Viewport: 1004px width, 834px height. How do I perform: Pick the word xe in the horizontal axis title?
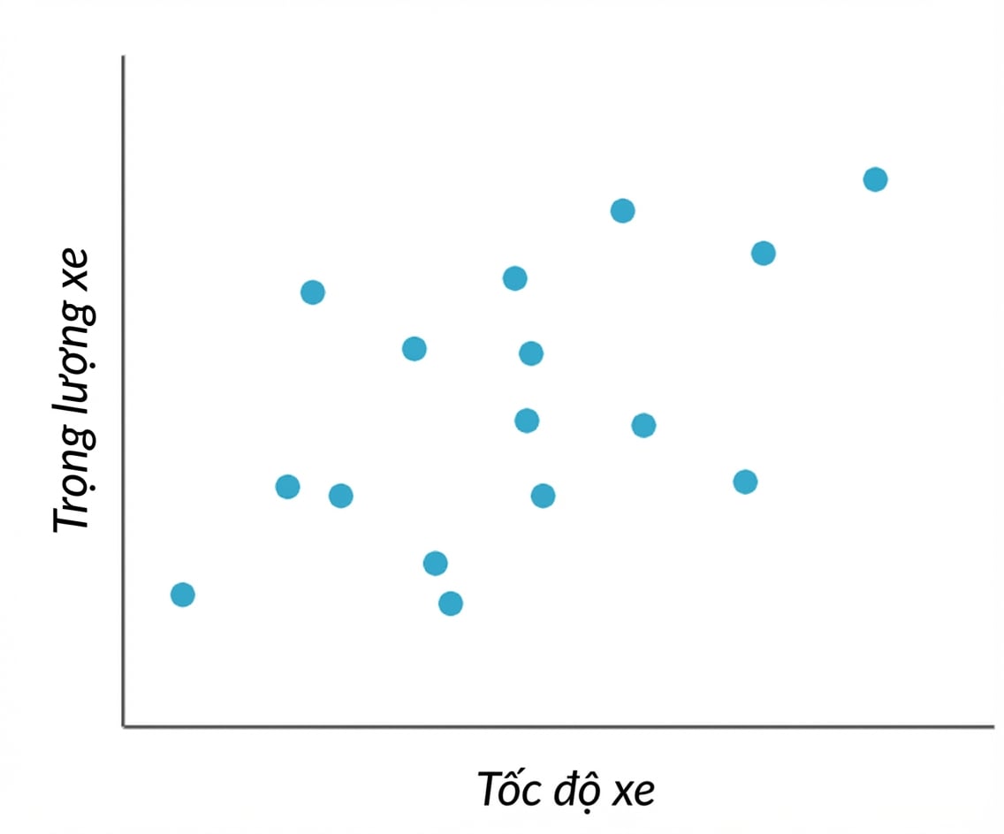[x=634, y=793]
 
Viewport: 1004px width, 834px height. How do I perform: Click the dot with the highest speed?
[x=875, y=179]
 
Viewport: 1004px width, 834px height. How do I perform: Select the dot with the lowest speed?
[x=182, y=595]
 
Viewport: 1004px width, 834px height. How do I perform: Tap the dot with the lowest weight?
[x=451, y=603]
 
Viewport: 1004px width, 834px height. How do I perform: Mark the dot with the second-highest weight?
[x=623, y=210]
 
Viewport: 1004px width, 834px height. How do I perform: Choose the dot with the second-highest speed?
[x=764, y=254]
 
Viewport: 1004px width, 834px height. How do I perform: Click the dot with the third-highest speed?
[x=745, y=481]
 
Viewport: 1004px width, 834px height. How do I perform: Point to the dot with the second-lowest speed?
[x=287, y=487]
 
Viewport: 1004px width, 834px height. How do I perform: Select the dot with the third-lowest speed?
[x=313, y=292]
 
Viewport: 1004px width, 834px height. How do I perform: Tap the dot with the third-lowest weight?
[x=436, y=564]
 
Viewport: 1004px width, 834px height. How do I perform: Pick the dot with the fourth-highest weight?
[x=514, y=278]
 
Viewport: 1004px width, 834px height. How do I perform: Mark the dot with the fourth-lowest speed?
[x=340, y=496]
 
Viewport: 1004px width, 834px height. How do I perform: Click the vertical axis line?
[x=124, y=391]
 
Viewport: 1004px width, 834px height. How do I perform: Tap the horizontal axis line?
[x=559, y=726]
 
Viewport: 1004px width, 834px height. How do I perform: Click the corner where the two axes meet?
[x=124, y=726]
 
